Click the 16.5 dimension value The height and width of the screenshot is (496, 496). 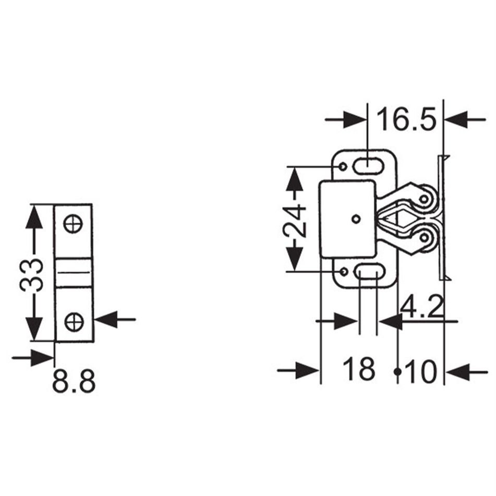pos(406,119)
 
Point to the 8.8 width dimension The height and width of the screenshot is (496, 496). pos(74,382)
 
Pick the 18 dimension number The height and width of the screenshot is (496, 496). pos(359,369)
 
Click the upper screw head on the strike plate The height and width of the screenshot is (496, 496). pos(74,224)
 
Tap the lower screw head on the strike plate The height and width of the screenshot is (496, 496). pos(74,321)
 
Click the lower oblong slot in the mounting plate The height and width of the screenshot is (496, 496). pos(368,272)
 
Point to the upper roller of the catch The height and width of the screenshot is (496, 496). pos(426,199)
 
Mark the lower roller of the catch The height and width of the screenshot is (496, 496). pos(426,238)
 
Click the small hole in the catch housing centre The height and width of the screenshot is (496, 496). pos(356,219)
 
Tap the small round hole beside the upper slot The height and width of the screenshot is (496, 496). pos(343,166)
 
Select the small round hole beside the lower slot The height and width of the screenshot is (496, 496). pos(343,272)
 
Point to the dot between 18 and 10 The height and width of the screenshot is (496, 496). pos(397,371)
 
